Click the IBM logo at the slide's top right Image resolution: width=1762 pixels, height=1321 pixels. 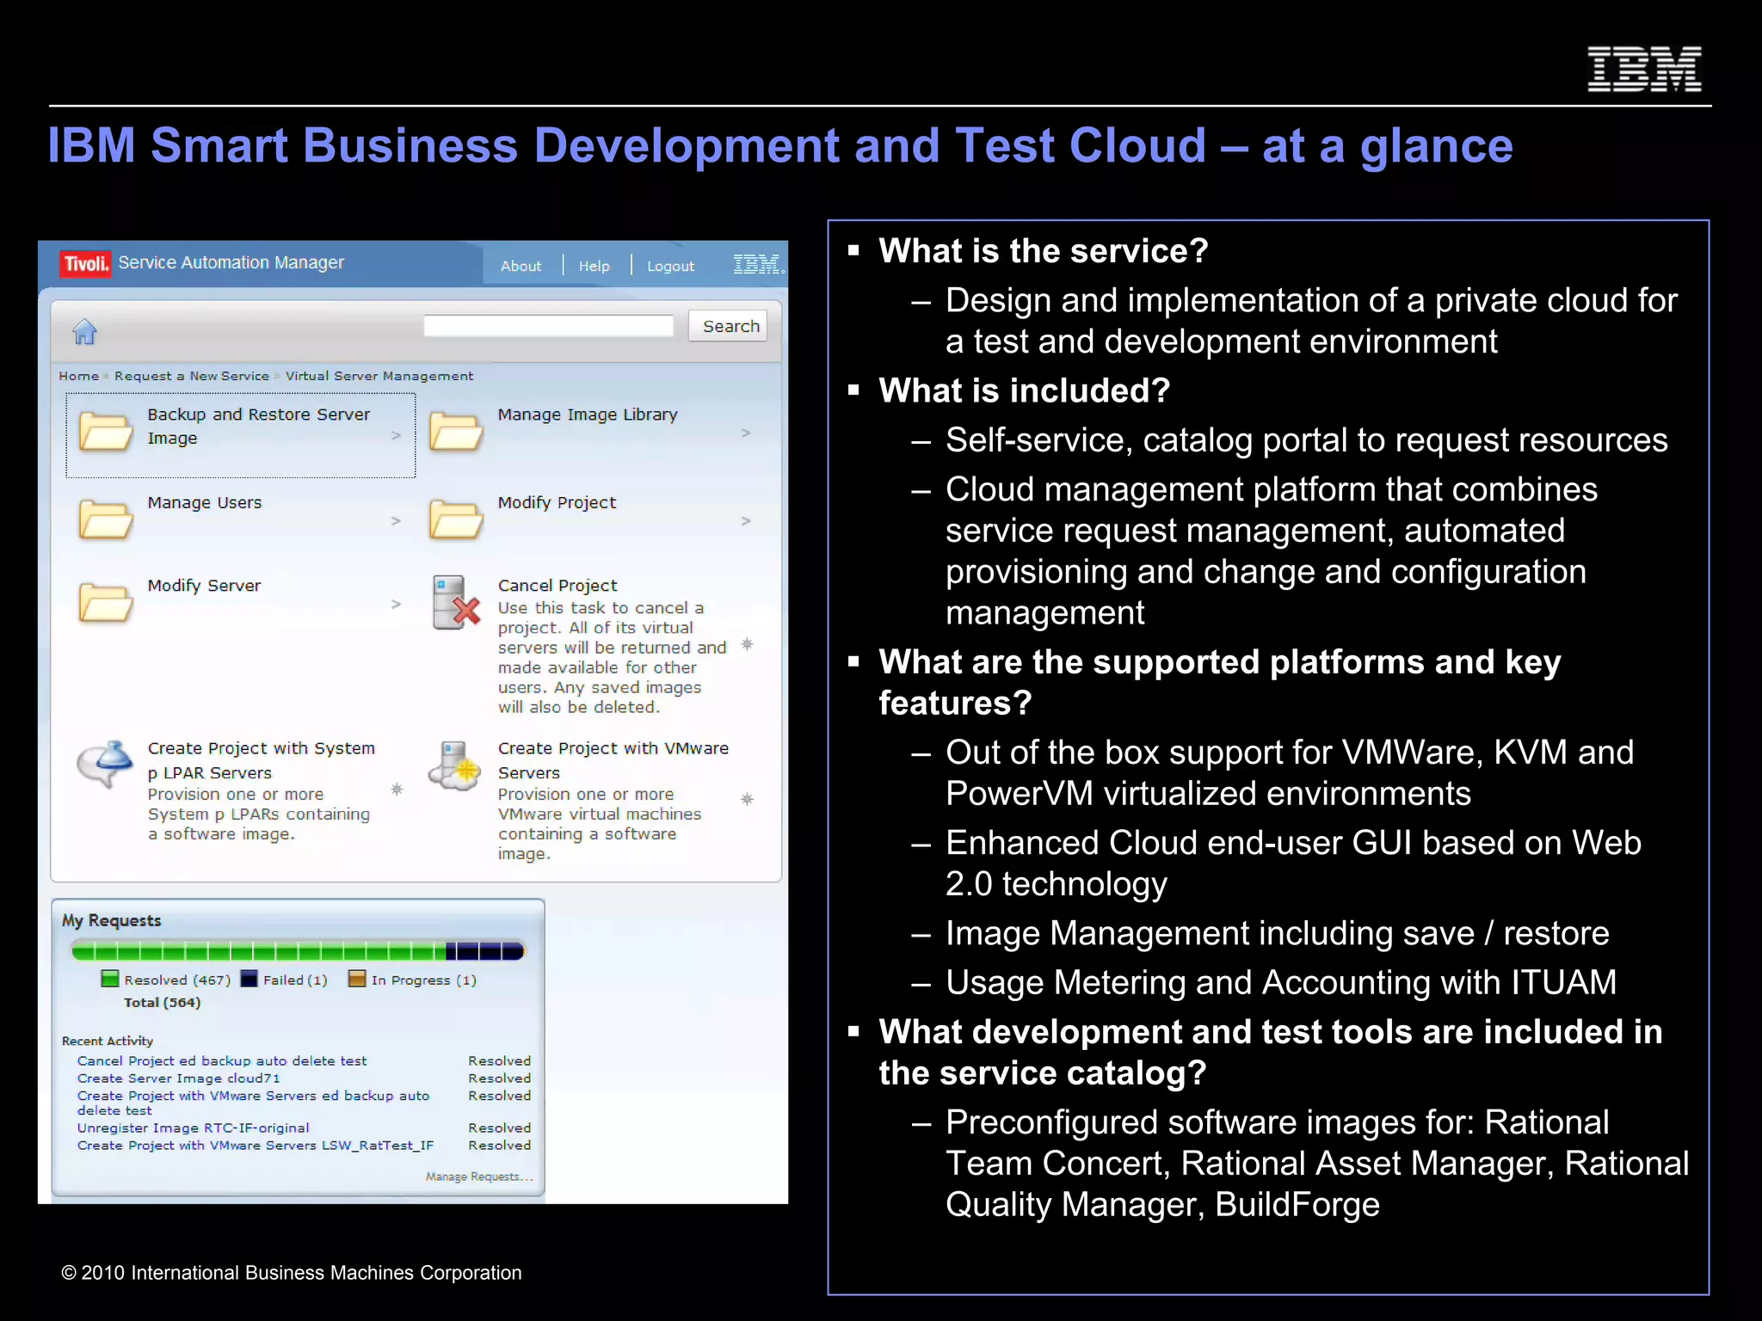coord(1643,69)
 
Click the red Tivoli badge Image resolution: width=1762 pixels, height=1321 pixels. coord(85,263)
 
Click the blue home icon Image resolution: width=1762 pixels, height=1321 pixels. coord(84,330)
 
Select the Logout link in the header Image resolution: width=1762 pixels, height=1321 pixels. coord(670,267)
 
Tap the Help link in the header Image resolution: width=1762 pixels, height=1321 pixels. coord(594,267)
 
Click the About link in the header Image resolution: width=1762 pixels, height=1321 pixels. coord(521,267)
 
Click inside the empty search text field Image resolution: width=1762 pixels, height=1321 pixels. coord(548,326)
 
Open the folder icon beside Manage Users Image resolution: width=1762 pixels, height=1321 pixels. coord(106,519)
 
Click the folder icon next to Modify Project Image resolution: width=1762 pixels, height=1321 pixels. coord(456,519)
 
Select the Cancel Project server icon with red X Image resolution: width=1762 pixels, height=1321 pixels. coord(455,603)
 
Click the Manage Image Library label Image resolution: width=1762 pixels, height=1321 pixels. coord(587,415)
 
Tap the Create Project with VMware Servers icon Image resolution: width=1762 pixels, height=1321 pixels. coord(454,765)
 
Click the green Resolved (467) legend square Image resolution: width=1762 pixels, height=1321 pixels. coord(109,979)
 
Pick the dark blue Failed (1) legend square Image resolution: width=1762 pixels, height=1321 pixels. coord(250,979)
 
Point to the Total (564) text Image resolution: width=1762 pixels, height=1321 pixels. coord(162,1003)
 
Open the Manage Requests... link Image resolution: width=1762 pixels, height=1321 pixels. coord(479,1177)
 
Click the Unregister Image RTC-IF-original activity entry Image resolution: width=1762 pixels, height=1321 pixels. coord(193,1127)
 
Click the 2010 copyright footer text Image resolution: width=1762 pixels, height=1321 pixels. coord(291,1273)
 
